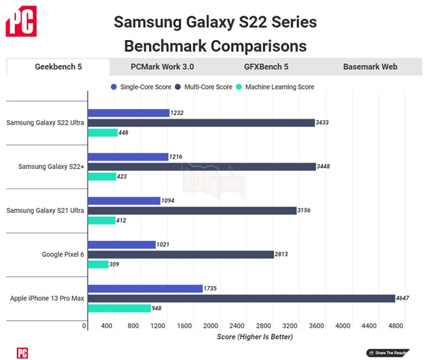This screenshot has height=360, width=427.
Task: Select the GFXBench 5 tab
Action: [x=266, y=67]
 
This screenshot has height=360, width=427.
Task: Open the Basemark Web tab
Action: [x=369, y=67]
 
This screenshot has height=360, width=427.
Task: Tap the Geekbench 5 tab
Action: [x=58, y=67]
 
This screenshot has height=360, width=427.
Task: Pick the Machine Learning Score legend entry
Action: [x=275, y=87]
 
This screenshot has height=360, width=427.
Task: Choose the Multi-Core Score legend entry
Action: [x=203, y=87]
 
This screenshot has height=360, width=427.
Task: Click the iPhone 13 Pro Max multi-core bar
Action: [x=241, y=298]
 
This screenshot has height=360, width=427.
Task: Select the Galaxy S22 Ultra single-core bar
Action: [x=128, y=113]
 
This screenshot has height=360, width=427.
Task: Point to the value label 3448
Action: [x=327, y=166]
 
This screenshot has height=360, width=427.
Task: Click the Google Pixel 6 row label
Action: [x=62, y=254]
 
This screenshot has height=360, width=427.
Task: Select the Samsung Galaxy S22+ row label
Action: [x=52, y=166]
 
